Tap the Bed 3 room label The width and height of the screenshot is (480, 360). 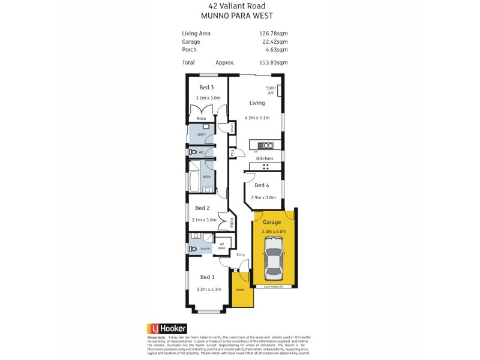click(206, 88)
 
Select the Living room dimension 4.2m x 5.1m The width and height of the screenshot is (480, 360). click(257, 118)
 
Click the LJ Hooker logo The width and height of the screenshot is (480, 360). click(167, 328)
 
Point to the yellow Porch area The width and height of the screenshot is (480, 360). click(240, 294)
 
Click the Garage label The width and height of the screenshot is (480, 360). click(272, 222)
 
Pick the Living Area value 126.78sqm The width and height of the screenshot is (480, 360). click(277, 34)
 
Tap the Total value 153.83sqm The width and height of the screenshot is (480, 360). click(277, 62)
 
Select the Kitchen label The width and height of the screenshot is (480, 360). click(265, 158)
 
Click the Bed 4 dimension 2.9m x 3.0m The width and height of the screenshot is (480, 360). click(263, 197)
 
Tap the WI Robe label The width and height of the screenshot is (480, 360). click(221, 245)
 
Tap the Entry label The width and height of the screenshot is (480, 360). click(241, 254)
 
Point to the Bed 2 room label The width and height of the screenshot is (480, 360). click(202, 208)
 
